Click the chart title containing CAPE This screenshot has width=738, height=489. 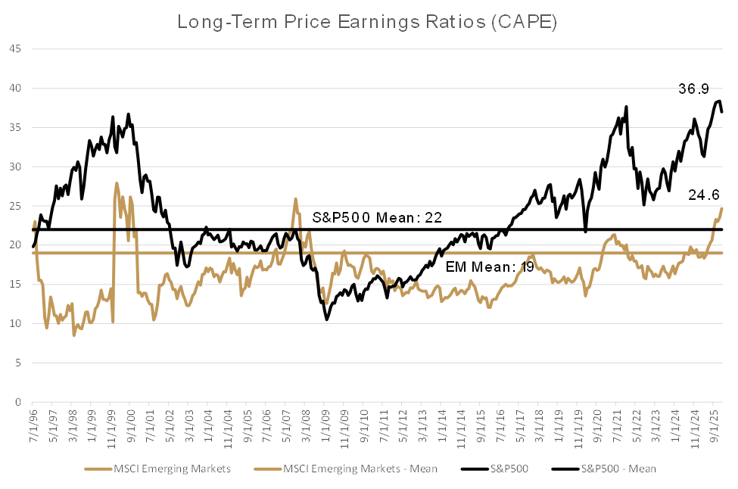click(367, 21)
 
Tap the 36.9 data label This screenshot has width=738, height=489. click(693, 90)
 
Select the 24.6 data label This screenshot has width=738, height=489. click(703, 195)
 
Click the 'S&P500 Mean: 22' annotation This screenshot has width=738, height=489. click(377, 218)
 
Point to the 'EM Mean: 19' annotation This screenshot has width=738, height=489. click(480, 266)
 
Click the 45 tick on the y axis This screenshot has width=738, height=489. click(16, 49)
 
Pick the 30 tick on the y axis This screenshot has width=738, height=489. click(16, 167)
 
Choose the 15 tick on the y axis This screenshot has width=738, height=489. click(16, 285)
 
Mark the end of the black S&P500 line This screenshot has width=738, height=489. click(722, 112)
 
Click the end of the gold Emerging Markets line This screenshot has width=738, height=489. click(722, 208)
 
